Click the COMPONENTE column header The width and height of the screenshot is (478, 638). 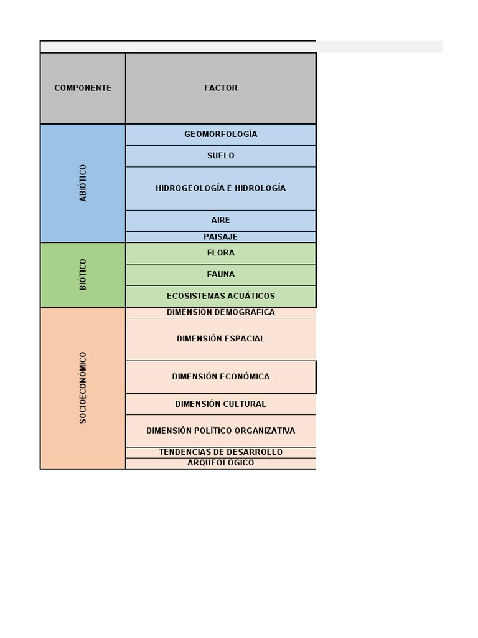[x=83, y=88]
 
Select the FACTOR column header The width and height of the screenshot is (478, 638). [x=221, y=88]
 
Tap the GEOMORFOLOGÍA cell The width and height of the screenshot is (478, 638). [x=221, y=135]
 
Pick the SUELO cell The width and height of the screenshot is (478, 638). [x=221, y=156]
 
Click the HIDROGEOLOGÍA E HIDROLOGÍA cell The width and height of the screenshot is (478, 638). [x=221, y=188]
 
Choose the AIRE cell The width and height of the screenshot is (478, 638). [x=221, y=221]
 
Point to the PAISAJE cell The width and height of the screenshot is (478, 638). [x=221, y=237]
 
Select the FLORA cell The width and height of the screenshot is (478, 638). [x=221, y=253]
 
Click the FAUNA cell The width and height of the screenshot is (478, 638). [x=221, y=274]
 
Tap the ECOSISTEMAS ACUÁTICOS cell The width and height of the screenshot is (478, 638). [x=221, y=296]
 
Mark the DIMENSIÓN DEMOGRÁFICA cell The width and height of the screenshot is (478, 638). [x=221, y=312]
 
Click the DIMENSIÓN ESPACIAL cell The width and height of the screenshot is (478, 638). [x=221, y=339]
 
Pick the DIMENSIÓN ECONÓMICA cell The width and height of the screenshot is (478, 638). [x=221, y=377]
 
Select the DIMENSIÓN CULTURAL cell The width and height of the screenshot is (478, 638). [x=221, y=404]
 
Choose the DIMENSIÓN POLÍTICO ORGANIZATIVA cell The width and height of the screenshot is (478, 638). [x=221, y=431]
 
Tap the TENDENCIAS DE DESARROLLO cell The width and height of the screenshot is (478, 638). [x=221, y=452]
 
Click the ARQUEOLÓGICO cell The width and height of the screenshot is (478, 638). [x=221, y=463]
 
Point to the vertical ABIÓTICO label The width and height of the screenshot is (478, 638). [x=83, y=183]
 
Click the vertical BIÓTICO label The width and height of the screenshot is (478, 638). [x=83, y=274]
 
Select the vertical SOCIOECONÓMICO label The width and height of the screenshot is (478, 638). [x=83, y=388]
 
